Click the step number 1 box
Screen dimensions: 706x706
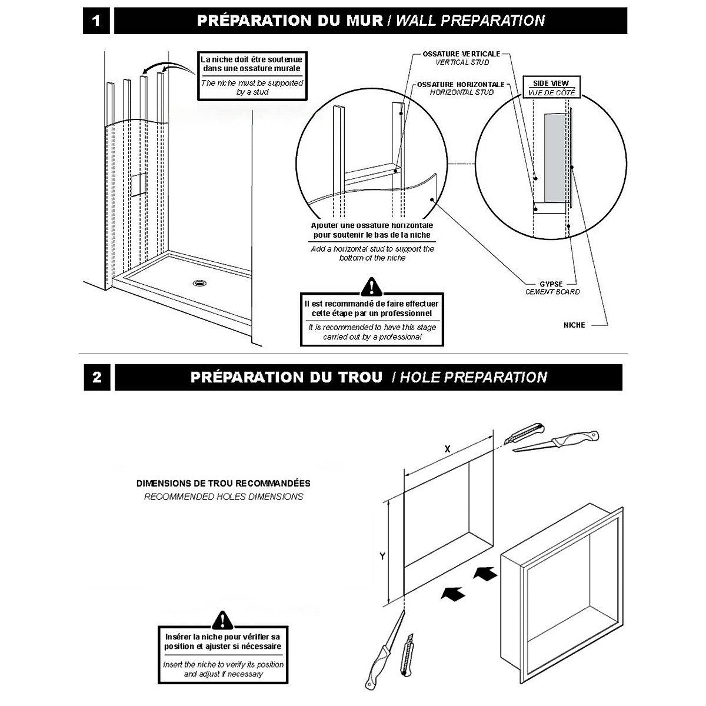point(96,21)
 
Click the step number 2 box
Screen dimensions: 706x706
point(97,377)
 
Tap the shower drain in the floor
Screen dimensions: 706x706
point(200,283)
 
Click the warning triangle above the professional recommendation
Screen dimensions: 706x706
point(371,287)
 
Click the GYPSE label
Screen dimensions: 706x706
point(551,284)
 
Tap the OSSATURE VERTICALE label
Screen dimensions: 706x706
point(461,54)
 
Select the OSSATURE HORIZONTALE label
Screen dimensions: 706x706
point(461,84)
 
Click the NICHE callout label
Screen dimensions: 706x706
point(574,325)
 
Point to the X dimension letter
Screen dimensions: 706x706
point(447,449)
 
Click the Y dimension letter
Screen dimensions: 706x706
point(382,556)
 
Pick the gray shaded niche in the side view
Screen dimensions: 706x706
point(555,156)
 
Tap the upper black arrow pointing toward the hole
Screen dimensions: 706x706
point(484,573)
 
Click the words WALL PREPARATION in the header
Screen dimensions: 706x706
point(470,21)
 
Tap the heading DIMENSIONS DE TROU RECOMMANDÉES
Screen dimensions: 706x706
point(224,484)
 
